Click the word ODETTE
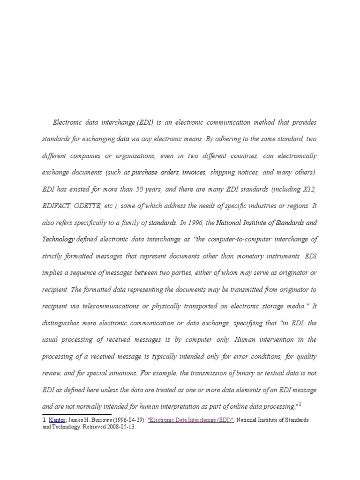[94, 206]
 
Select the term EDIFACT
[58, 206]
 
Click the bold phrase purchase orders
[155, 172]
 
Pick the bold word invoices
[194, 172]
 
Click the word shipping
[222, 172]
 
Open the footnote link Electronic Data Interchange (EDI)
[190, 420]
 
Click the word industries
[263, 206]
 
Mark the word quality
[306, 356]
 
